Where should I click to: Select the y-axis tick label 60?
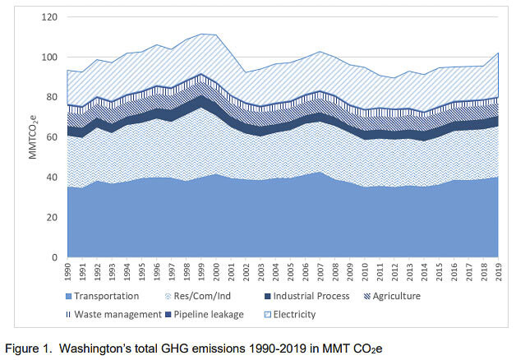pyautogui.click(x=50, y=137)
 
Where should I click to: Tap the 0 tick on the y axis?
pyautogui.click(x=53, y=258)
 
